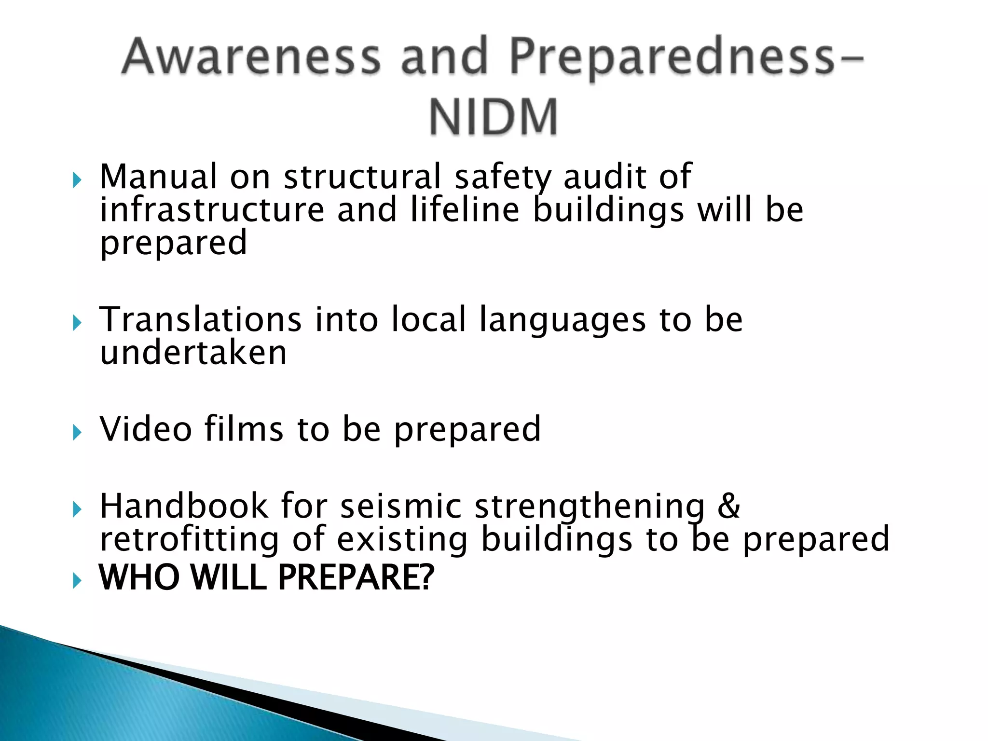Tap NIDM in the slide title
[x=494, y=117]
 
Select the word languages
[x=563, y=320]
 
